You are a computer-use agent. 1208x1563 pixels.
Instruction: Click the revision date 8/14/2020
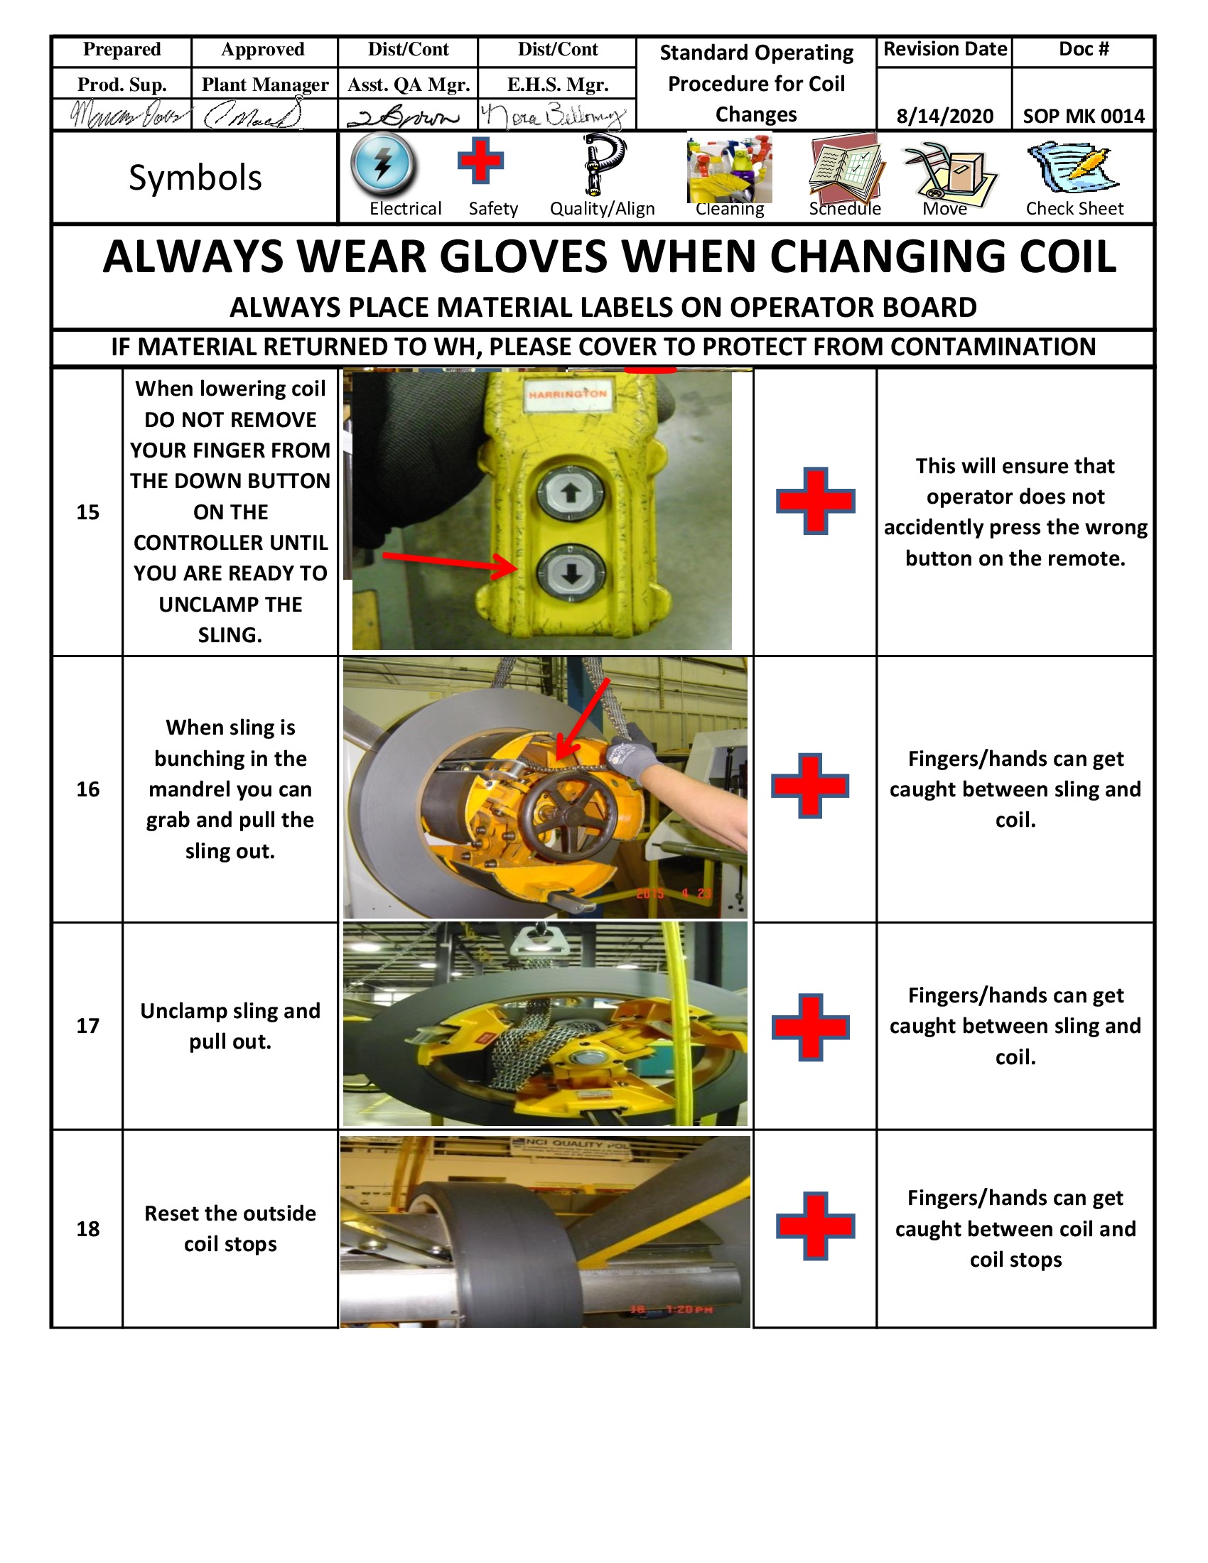(944, 116)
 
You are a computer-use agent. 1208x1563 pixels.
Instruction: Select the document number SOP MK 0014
(1083, 116)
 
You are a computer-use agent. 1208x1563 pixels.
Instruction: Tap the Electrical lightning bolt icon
(383, 164)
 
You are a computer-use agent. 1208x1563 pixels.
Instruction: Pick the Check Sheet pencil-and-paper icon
(1073, 168)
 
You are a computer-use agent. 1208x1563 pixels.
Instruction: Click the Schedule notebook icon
(846, 168)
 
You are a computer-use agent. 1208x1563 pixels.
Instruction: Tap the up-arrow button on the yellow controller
(571, 493)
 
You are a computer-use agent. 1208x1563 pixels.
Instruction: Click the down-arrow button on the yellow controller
(571, 573)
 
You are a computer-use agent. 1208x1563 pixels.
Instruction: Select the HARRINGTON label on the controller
(568, 394)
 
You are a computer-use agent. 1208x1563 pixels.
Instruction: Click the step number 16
(87, 789)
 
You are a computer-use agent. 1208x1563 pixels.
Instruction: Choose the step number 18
(87, 1229)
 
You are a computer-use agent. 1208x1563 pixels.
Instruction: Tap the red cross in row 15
(815, 500)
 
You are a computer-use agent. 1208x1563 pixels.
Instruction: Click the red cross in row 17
(810, 1027)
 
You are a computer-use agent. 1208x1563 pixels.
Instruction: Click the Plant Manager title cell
(265, 85)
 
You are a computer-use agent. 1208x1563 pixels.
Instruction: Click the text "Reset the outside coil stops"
(230, 1228)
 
